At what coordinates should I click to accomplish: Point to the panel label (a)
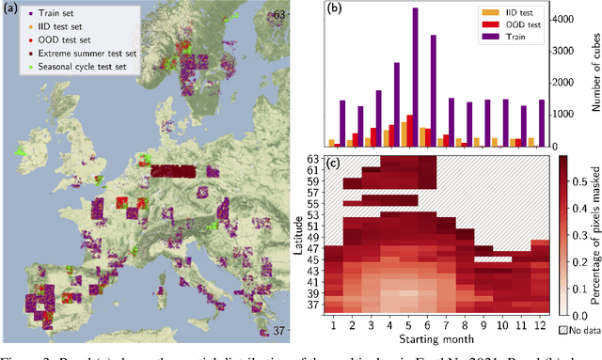13,12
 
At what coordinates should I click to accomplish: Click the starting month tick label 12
540,350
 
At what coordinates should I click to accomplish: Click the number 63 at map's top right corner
277,15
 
